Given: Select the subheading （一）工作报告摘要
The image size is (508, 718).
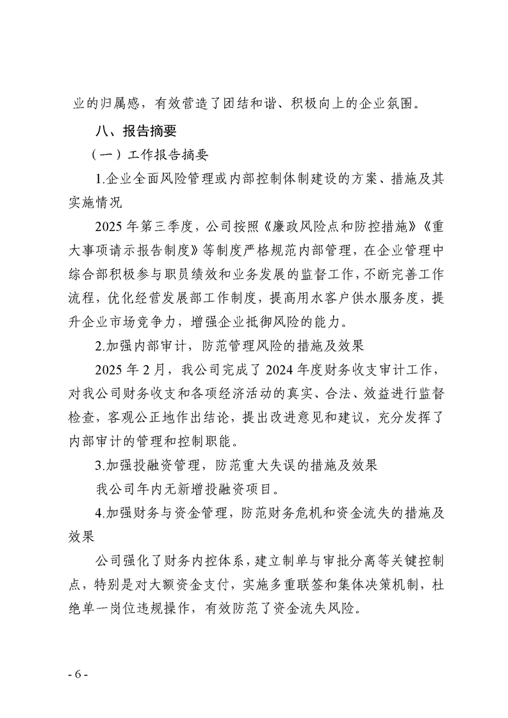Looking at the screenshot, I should [150, 156].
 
